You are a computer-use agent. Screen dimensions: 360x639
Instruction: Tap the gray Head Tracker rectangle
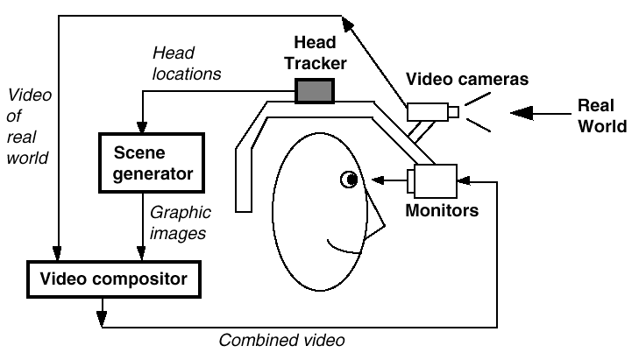click(314, 90)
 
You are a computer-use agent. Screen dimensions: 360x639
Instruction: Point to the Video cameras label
click(467, 80)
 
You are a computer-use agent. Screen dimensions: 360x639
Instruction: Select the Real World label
click(602, 115)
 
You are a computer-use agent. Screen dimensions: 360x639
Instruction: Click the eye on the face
click(349, 180)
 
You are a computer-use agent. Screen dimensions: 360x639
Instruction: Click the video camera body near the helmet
click(426, 111)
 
